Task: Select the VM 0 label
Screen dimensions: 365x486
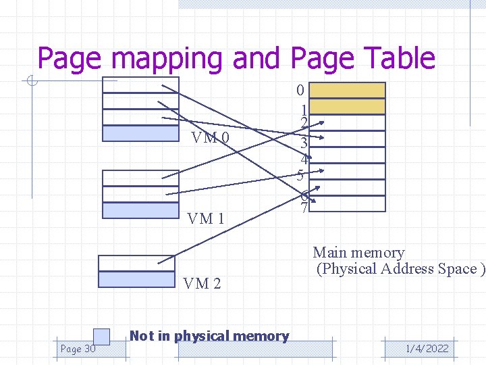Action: pyautogui.click(x=210, y=139)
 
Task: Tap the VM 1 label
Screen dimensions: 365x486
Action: pyautogui.click(x=205, y=218)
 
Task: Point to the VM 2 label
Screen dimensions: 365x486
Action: pyautogui.click(x=202, y=283)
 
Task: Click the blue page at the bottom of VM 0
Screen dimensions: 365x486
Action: pyautogui.click(x=140, y=133)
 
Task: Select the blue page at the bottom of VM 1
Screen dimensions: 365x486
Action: pyautogui.click(x=140, y=210)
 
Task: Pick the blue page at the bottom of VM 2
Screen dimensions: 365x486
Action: pyautogui.click(x=136, y=279)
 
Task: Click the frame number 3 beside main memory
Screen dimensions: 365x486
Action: pyautogui.click(x=304, y=143)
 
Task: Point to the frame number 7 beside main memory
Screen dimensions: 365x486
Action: pyautogui.click(x=304, y=209)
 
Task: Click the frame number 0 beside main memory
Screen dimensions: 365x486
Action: pyautogui.click(x=301, y=90)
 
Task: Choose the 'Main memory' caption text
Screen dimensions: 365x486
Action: pyautogui.click(x=358, y=253)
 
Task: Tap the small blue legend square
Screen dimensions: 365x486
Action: pyautogui.click(x=101, y=336)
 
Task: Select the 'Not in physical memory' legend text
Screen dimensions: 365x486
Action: pyautogui.click(x=209, y=336)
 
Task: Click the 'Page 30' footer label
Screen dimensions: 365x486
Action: pyautogui.click(x=78, y=349)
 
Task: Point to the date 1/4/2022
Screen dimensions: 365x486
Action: pyautogui.click(x=427, y=349)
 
